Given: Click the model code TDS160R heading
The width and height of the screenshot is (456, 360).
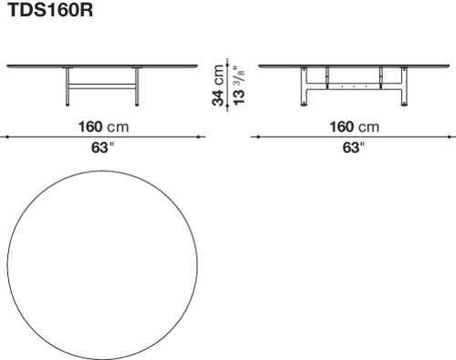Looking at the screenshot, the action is coord(50,10).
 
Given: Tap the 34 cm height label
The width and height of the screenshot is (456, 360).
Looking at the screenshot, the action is coord(218,85).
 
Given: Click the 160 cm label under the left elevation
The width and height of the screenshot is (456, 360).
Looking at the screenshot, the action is coord(104,127).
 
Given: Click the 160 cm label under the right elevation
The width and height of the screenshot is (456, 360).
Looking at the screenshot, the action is coord(355,127).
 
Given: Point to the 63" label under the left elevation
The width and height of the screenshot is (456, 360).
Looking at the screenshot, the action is coord(102,148).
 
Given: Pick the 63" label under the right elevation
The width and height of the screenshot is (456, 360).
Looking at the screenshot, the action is coord(353,148).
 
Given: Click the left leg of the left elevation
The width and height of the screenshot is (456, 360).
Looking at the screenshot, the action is coord(67,87).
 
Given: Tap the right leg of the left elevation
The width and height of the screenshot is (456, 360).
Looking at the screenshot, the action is coord(137,87).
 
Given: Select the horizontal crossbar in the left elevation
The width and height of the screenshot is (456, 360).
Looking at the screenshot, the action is coord(102,87).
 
